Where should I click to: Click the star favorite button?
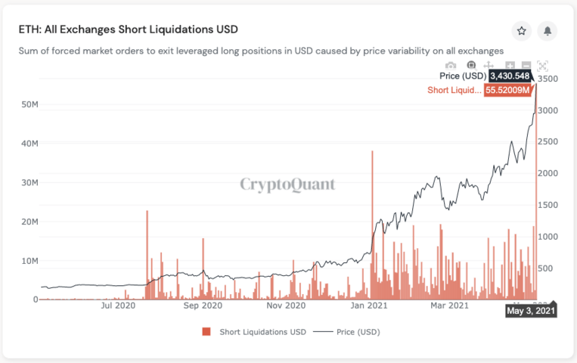(x=521, y=31)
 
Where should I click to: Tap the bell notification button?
(x=548, y=31)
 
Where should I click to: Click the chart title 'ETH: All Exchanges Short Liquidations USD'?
(x=129, y=29)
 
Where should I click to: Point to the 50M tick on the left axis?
(x=29, y=104)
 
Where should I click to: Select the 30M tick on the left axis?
(x=29, y=182)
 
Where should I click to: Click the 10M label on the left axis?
(x=29, y=261)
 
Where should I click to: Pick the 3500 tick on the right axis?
(x=548, y=79)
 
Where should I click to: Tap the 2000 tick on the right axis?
(x=548, y=173)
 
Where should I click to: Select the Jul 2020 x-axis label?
(x=117, y=306)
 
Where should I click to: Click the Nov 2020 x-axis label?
(x=285, y=306)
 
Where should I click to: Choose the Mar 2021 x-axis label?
(x=449, y=306)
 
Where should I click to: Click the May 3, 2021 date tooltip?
(x=531, y=311)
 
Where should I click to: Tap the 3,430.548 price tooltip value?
(x=510, y=76)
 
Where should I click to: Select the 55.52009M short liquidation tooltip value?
(x=510, y=90)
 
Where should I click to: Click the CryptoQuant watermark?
(x=287, y=184)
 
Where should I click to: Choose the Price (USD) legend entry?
(x=346, y=332)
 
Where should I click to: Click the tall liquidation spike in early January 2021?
(x=373, y=227)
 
